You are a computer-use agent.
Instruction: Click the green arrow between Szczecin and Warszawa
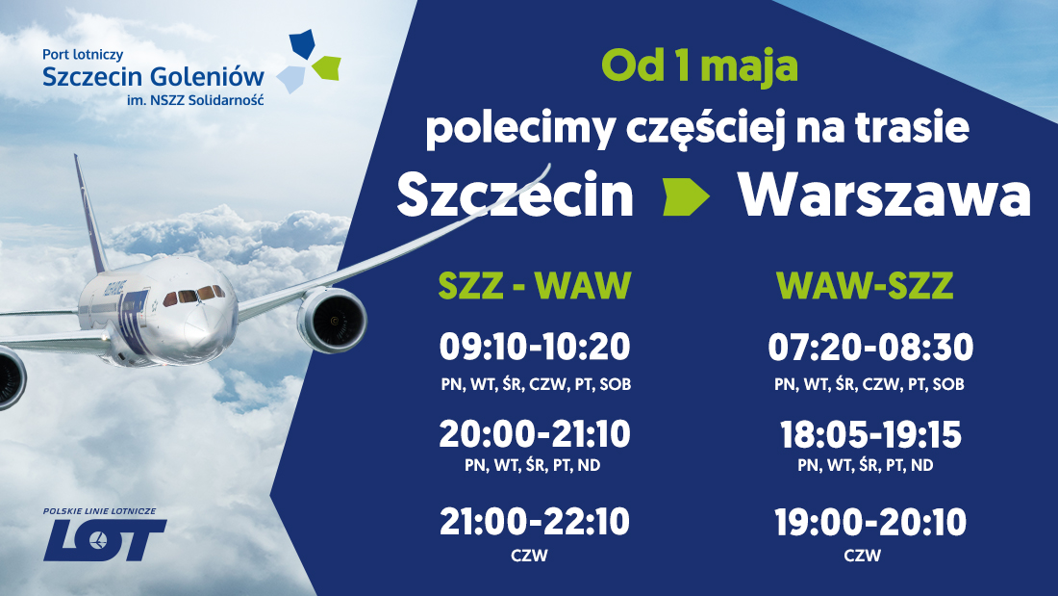point(686,196)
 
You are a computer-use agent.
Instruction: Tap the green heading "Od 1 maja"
point(699,66)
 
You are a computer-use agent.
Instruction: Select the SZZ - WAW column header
point(535,285)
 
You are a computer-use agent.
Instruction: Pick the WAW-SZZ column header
point(865,285)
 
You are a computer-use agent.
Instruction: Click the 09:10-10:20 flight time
point(535,347)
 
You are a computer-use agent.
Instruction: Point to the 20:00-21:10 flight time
point(535,434)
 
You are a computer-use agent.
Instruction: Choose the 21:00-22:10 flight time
point(535,522)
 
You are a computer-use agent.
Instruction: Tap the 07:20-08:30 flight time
point(870,347)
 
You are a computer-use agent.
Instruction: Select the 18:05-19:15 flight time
point(870,434)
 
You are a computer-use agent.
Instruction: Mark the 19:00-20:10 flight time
point(870,522)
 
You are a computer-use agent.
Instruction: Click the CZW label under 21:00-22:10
point(530,556)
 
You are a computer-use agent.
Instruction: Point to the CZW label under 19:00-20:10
point(863,556)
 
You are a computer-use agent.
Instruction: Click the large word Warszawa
point(885,195)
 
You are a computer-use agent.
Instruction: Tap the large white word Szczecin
point(515,195)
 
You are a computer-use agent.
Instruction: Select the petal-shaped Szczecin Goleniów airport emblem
point(309,61)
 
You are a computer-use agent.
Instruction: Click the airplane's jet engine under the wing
point(332,321)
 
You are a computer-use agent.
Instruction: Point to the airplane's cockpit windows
point(194,295)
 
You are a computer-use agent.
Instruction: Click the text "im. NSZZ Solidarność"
point(195,100)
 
